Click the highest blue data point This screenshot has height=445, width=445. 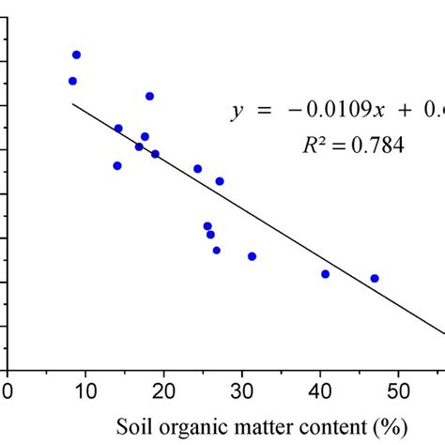77,54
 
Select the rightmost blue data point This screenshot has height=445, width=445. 375,278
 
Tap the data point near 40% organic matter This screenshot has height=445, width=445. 326,274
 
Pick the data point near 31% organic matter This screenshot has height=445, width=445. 252,256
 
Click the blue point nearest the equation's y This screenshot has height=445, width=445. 149,96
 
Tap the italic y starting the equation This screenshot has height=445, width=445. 237,115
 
